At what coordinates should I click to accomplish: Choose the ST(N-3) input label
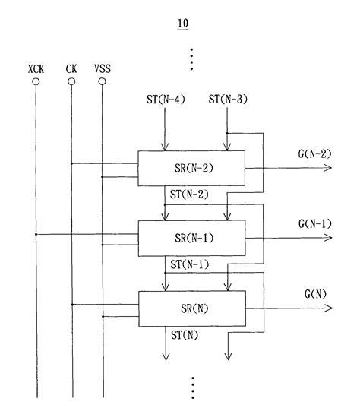(226, 100)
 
